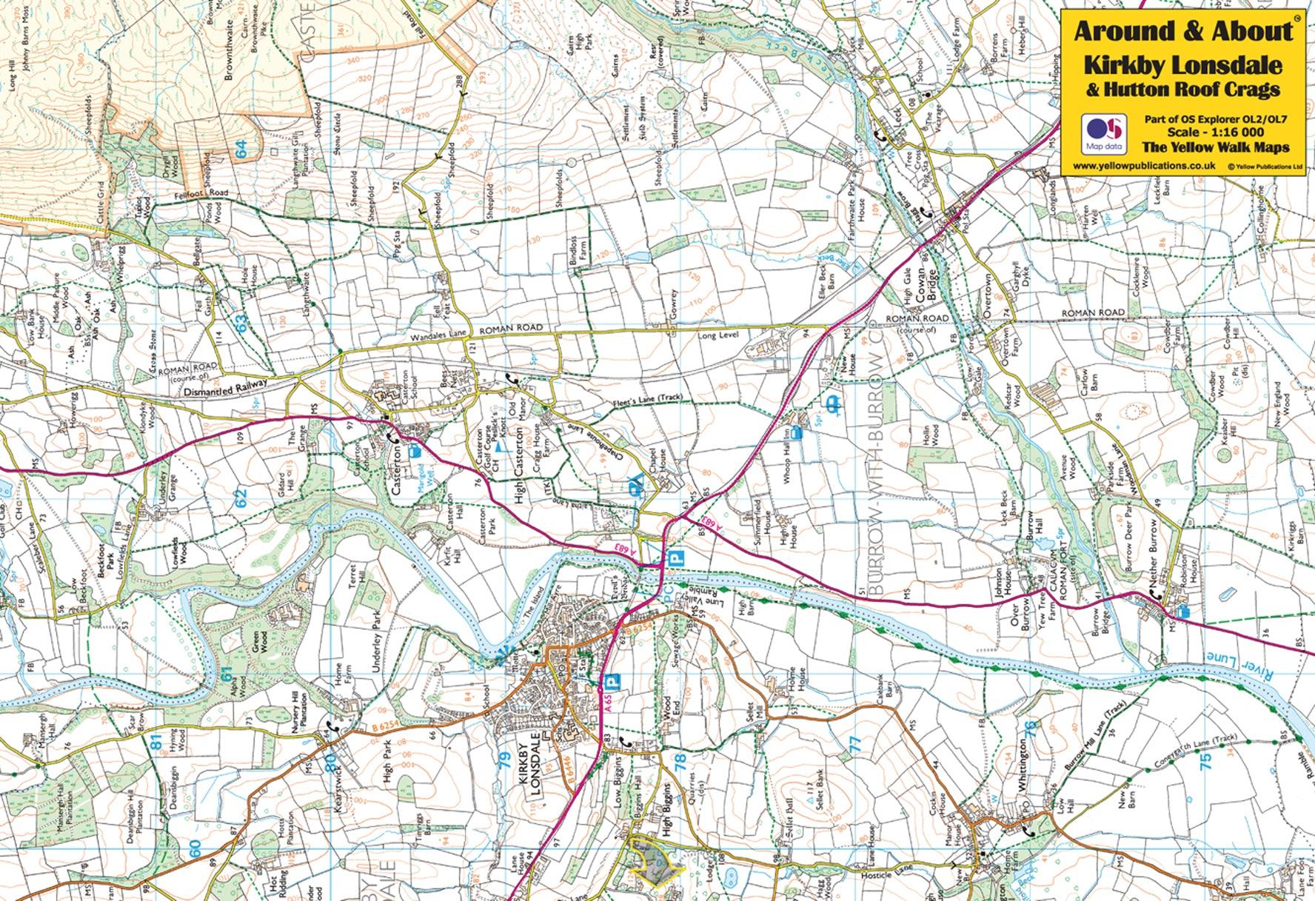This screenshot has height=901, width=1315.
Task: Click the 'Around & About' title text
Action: coord(1182,32)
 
